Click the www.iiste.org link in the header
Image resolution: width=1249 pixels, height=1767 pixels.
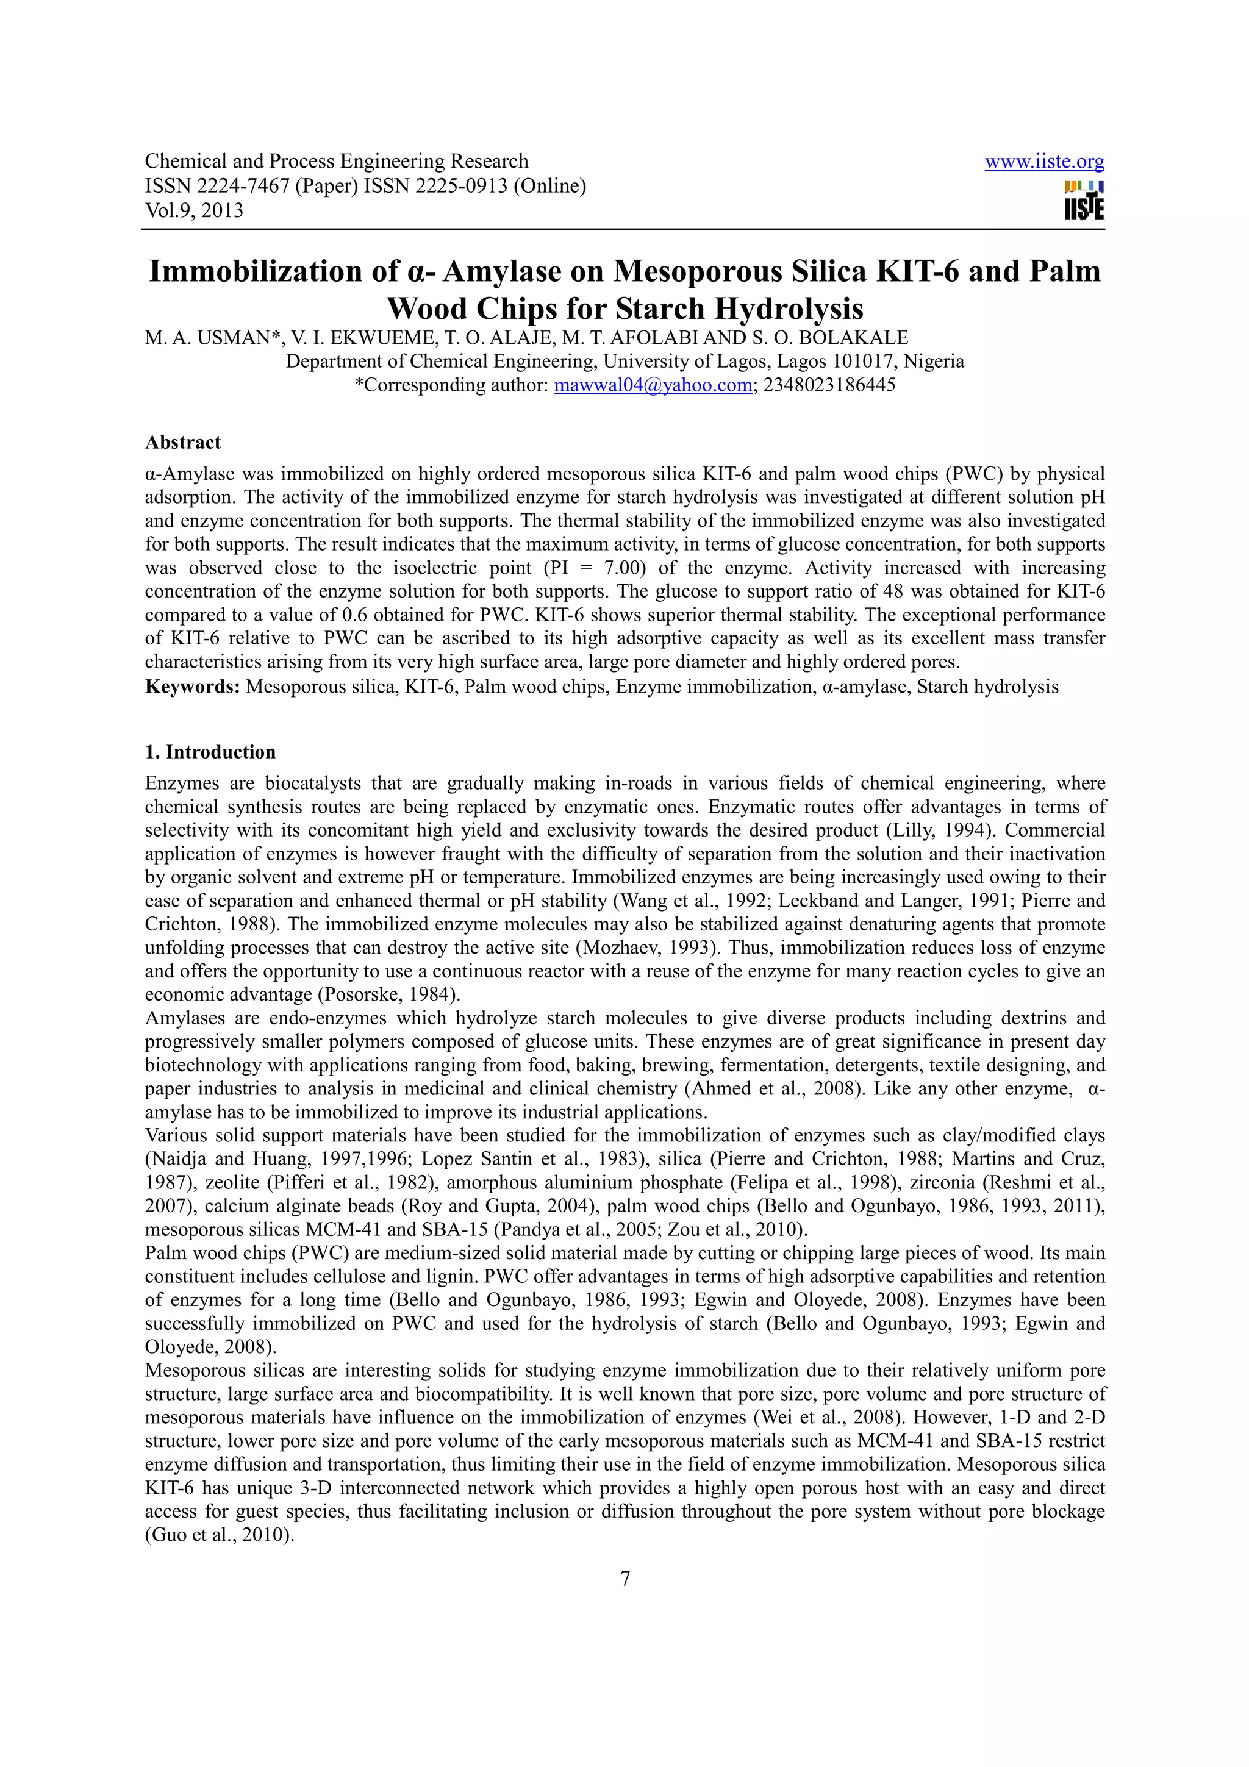tap(1043, 162)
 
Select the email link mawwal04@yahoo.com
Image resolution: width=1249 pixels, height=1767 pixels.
tap(653, 385)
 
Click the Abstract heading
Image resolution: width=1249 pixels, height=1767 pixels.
tap(182, 443)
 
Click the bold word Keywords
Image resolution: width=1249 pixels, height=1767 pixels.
tap(192, 687)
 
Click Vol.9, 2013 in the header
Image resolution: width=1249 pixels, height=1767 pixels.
tap(194, 210)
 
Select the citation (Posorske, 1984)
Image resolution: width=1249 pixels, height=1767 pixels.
tap(388, 994)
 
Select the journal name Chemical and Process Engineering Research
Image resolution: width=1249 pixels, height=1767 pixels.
tap(336, 162)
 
